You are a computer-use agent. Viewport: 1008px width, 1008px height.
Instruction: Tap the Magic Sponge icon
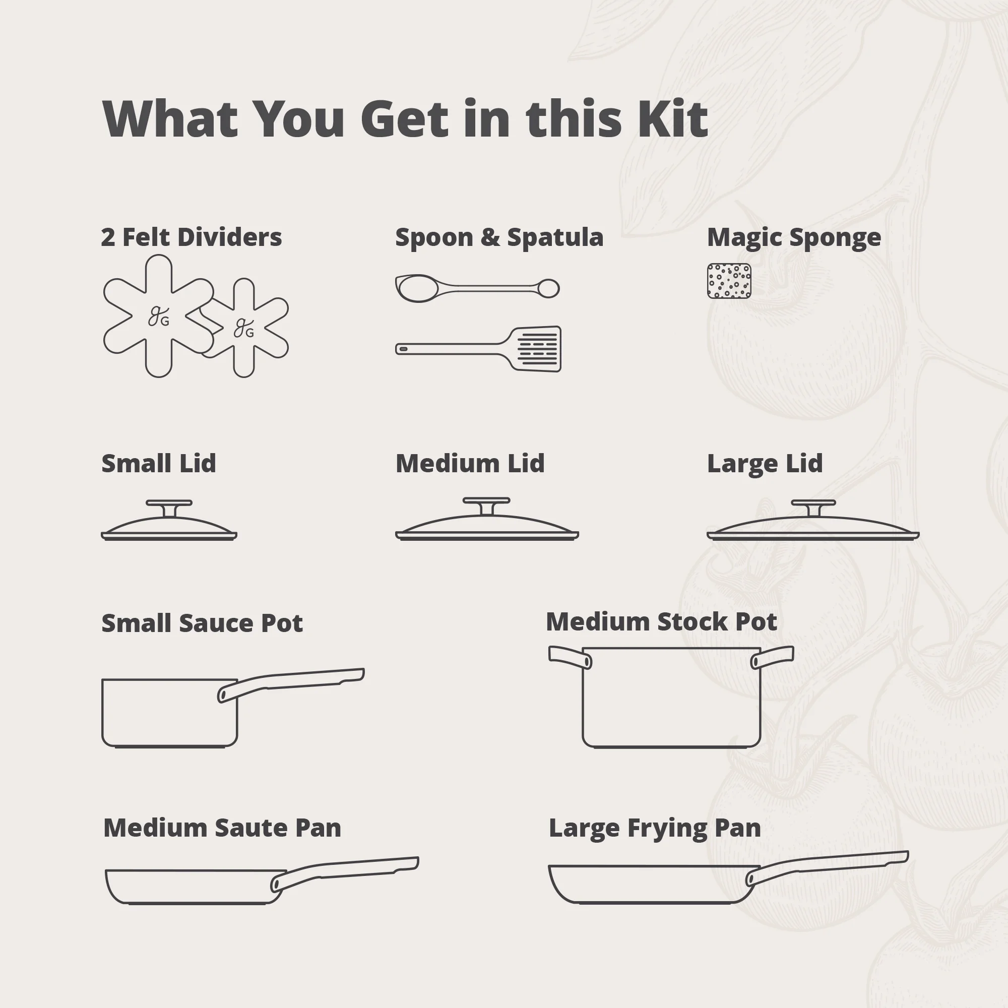click(x=729, y=281)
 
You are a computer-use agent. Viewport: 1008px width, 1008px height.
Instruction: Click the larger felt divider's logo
click(x=159, y=317)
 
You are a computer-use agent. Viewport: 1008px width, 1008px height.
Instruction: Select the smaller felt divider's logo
click(x=243, y=329)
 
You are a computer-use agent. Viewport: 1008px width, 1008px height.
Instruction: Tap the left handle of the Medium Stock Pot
click(x=569, y=656)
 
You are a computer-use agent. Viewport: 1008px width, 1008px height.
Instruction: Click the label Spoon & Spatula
click(x=499, y=237)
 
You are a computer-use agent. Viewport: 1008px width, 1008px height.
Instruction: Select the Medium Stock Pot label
click(x=661, y=622)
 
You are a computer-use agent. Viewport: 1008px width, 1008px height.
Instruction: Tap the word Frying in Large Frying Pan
click(x=668, y=829)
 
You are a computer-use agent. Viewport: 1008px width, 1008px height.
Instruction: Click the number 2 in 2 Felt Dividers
click(x=107, y=237)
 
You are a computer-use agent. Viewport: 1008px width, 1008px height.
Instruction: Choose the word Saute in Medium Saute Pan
click(x=251, y=828)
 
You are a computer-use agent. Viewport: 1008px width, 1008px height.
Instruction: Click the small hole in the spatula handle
click(x=403, y=349)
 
